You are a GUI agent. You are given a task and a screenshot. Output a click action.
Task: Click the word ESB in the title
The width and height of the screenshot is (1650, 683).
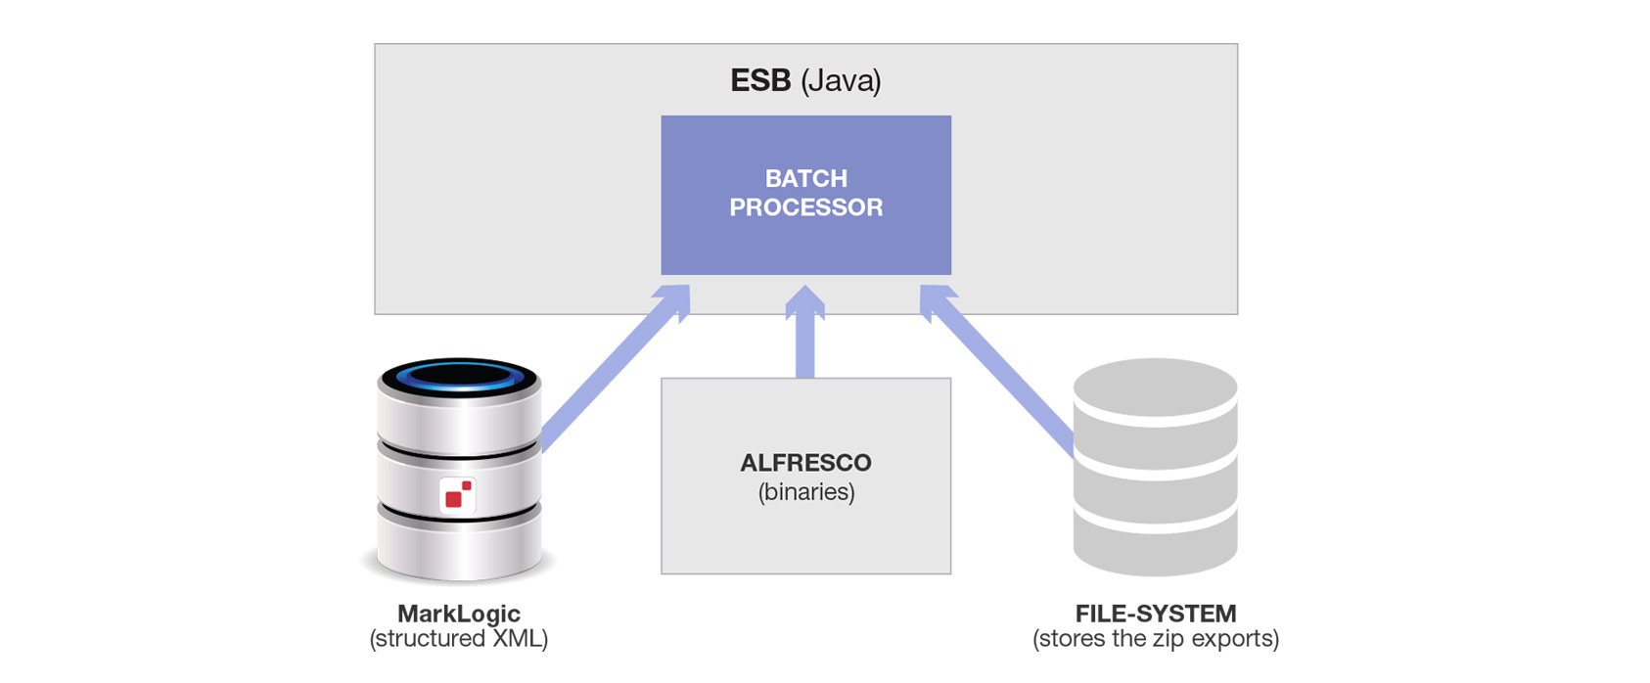tap(759, 80)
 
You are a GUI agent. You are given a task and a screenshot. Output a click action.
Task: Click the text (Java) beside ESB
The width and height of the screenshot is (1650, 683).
tap(841, 80)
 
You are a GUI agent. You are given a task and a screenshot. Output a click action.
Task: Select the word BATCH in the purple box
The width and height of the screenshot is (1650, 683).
tap(805, 178)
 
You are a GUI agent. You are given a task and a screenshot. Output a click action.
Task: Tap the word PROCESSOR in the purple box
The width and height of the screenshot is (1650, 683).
tap(805, 207)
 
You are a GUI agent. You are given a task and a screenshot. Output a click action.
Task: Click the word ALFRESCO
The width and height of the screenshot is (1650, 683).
tap(805, 463)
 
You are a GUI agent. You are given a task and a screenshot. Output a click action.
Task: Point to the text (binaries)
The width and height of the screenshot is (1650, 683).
tap(805, 491)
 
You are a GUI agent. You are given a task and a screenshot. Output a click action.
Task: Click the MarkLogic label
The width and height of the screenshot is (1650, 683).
tap(458, 614)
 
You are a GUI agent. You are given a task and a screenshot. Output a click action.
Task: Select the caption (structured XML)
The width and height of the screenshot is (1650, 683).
tap(458, 639)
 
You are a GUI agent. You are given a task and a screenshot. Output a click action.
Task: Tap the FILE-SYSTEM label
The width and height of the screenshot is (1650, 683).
tap(1155, 614)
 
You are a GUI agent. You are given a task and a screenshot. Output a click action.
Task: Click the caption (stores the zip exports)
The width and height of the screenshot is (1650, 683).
tap(1155, 639)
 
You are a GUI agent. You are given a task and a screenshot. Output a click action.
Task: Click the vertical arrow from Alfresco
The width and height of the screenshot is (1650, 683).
tap(804, 342)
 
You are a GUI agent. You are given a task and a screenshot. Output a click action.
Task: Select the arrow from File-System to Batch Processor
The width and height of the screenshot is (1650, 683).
tap(998, 372)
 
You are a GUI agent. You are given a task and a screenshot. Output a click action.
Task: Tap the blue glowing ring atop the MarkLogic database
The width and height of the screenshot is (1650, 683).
tap(459, 375)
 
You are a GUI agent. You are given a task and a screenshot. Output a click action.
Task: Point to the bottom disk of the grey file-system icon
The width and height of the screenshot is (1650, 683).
tap(1155, 548)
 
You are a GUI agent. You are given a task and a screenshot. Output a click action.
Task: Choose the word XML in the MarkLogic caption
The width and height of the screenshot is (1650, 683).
tap(521, 639)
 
